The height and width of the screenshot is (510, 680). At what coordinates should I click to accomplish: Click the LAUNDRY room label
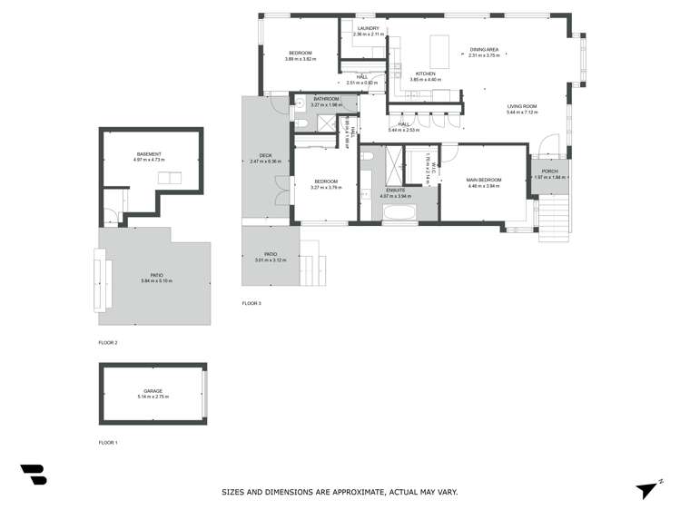click(x=368, y=28)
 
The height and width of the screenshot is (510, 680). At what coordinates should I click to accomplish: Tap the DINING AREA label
click(x=484, y=49)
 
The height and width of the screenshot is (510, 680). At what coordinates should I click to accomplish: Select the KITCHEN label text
click(x=425, y=74)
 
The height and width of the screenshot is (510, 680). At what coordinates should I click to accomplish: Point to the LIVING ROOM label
click(x=522, y=106)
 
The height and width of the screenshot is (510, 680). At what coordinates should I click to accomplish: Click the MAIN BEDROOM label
click(x=484, y=180)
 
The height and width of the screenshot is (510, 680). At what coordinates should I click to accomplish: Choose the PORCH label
click(x=550, y=171)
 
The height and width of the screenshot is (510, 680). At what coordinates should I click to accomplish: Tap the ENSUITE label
click(x=395, y=190)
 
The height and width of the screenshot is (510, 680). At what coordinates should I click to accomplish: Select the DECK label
click(x=266, y=155)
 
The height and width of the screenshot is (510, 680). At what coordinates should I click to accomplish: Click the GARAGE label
click(x=153, y=391)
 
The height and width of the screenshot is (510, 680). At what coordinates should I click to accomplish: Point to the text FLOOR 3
click(x=251, y=302)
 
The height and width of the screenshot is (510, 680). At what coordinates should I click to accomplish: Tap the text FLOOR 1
click(x=108, y=442)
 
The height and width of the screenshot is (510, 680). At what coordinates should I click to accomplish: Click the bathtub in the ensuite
click(x=399, y=214)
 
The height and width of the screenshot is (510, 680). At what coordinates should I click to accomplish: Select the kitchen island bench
click(x=439, y=45)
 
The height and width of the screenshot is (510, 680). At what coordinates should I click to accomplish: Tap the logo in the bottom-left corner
click(x=33, y=475)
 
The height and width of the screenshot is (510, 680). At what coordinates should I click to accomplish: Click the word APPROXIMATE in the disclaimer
click(x=350, y=492)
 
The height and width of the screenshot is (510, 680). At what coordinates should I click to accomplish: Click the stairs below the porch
click(x=552, y=218)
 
